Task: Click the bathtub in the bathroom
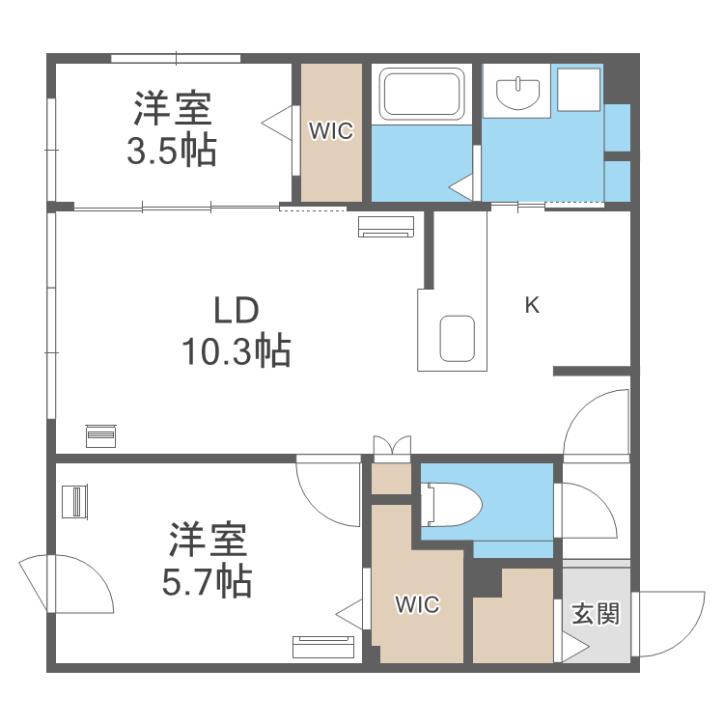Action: (423, 95)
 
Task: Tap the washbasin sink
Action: (518, 94)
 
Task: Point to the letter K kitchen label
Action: (531, 306)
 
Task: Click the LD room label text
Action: (235, 311)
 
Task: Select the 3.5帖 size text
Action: (172, 151)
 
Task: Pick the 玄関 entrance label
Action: (595, 613)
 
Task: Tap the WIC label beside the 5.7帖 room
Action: (417, 605)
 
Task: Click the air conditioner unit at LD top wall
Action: (386, 227)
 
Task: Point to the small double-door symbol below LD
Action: (392, 446)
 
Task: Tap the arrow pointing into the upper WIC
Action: (278, 122)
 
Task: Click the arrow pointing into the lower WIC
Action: (349, 611)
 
